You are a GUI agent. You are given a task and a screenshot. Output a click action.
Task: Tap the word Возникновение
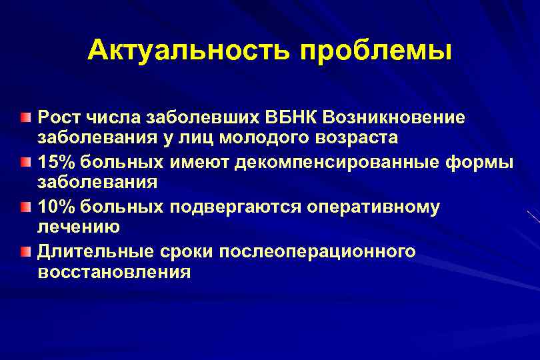coord(395,117)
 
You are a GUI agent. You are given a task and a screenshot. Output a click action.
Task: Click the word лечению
coord(79,227)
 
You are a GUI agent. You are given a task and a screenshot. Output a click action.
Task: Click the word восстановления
coord(114,272)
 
